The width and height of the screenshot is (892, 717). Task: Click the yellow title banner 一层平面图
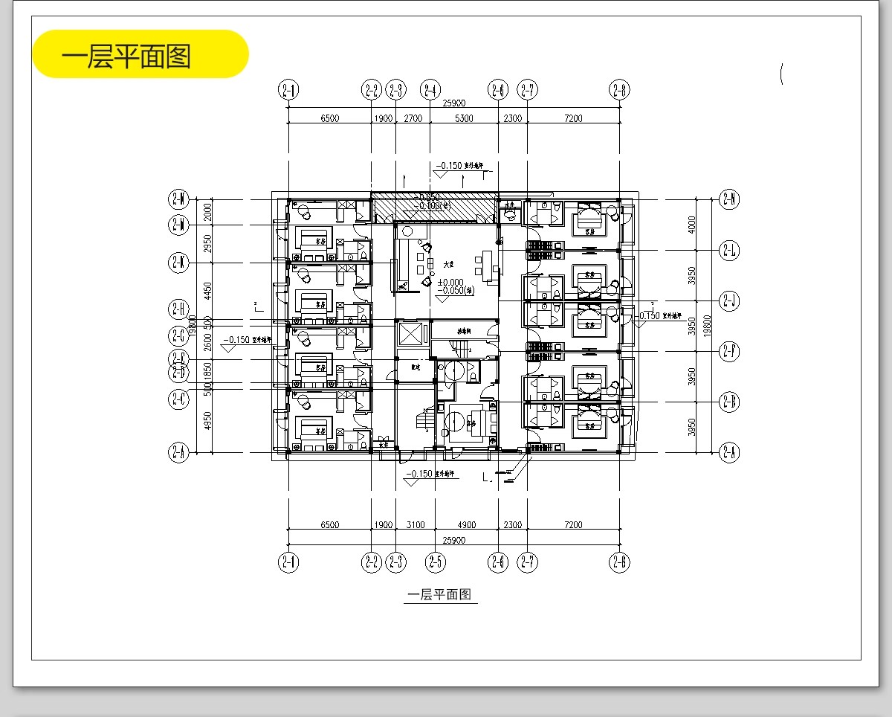pyautogui.click(x=140, y=54)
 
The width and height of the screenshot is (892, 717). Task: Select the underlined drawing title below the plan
pyautogui.click(x=439, y=594)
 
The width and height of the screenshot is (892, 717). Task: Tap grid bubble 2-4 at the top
pyautogui.click(x=430, y=91)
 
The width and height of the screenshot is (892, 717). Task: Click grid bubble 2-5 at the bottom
pyautogui.click(x=436, y=562)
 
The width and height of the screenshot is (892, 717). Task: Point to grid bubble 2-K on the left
pyautogui.click(x=178, y=262)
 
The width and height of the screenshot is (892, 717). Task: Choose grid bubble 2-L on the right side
pyautogui.click(x=730, y=250)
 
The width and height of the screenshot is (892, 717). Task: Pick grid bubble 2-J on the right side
pyautogui.click(x=730, y=301)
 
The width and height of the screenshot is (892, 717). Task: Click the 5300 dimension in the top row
pyautogui.click(x=464, y=118)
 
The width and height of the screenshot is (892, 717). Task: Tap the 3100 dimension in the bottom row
pyautogui.click(x=415, y=525)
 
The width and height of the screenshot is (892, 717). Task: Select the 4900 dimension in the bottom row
pyautogui.click(x=466, y=525)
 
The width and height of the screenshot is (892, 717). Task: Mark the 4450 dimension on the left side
pyautogui.click(x=208, y=291)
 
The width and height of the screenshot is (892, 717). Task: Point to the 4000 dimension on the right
pyautogui.click(x=692, y=224)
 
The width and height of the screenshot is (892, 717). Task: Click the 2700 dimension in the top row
pyautogui.click(x=413, y=118)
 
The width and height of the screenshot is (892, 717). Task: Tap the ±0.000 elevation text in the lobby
pyautogui.click(x=450, y=282)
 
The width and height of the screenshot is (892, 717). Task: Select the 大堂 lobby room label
pyautogui.click(x=449, y=263)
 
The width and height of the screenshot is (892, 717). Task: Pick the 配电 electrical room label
pyautogui.click(x=416, y=367)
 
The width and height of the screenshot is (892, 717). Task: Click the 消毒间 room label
pyautogui.click(x=465, y=330)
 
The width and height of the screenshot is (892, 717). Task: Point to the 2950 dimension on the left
pyautogui.click(x=208, y=243)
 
